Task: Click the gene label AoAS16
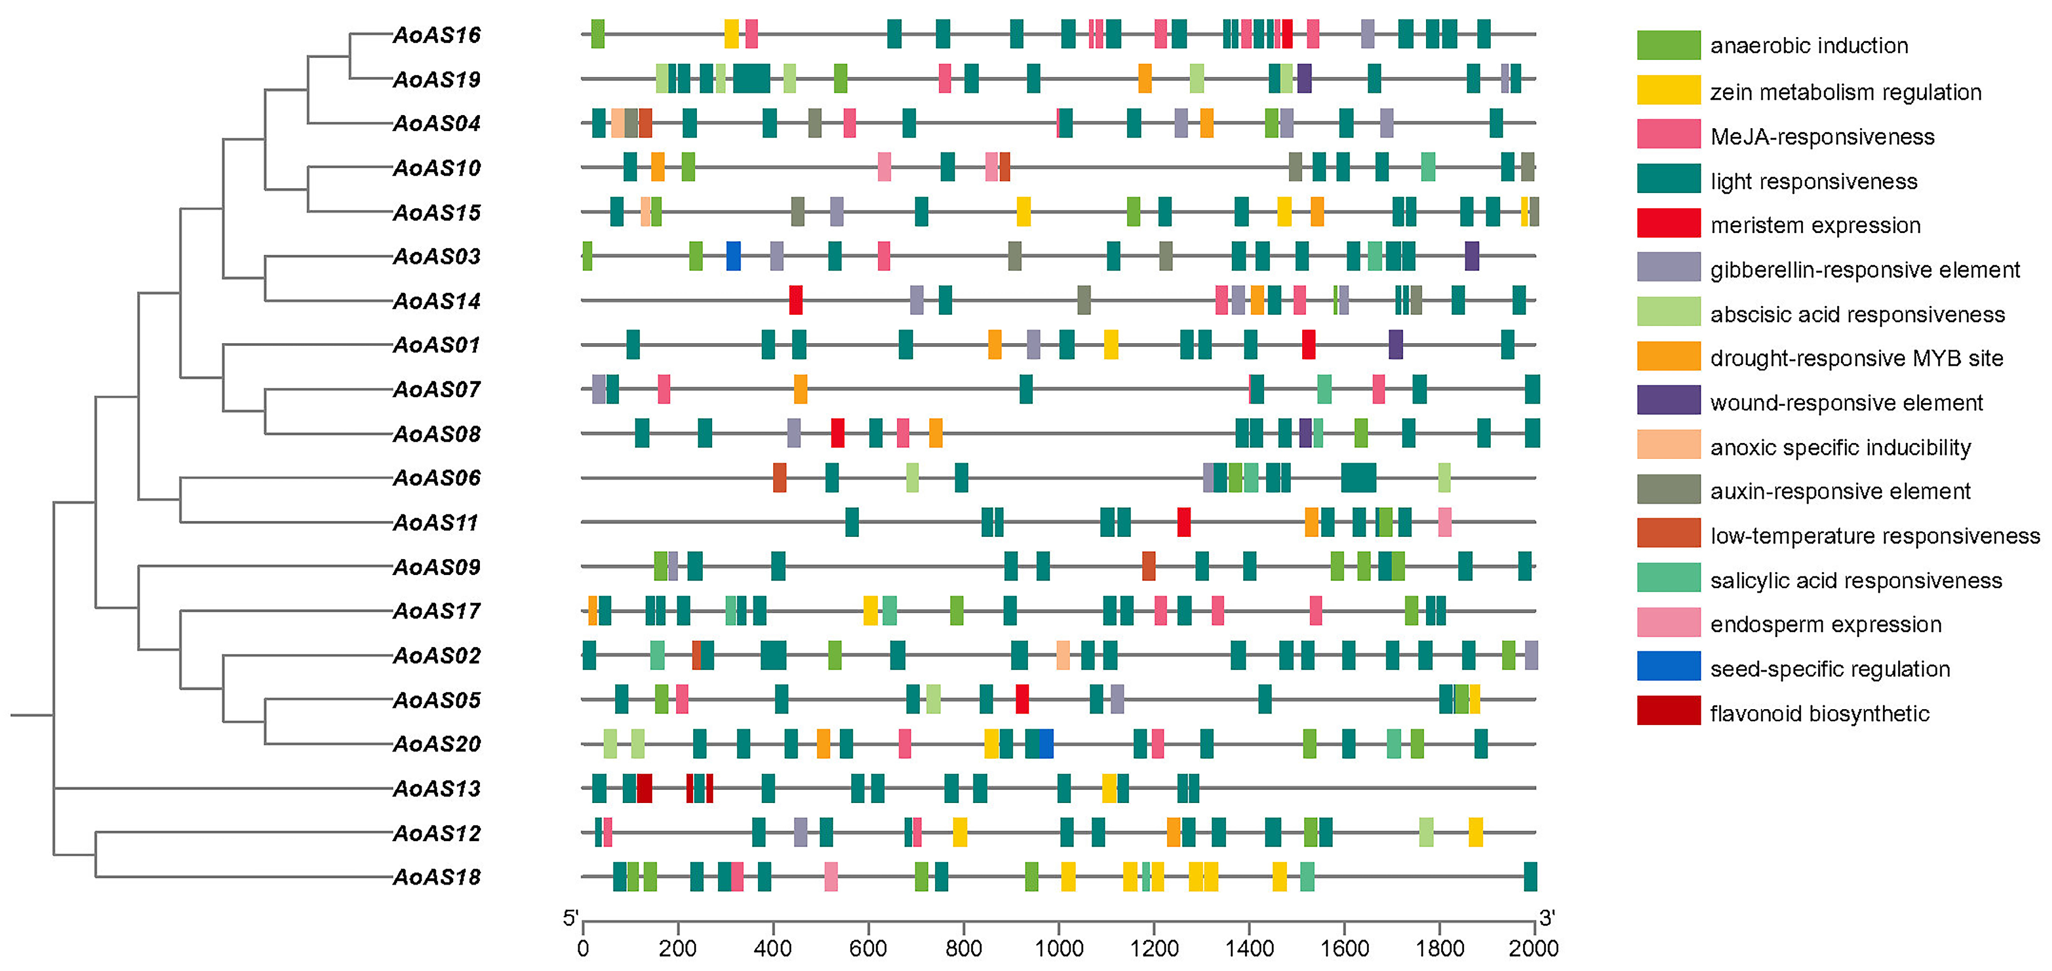(x=437, y=35)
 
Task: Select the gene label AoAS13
(x=437, y=789)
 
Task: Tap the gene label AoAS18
(x=437, y=877)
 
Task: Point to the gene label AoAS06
(x=437, y=478)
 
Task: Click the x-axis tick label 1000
(x=1058, y=949)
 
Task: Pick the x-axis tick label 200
(x=678, y=949)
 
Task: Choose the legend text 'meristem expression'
(x=1815, y=225)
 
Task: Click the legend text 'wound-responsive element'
(x=1846, y=403)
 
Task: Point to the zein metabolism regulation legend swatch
(x=1668, y=90)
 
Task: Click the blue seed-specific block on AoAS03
(x=733, y=256)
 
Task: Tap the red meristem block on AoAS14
(x=796, y=301)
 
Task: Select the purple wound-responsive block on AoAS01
(x=1395, y=345)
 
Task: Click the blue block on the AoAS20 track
(x=1046, y=744)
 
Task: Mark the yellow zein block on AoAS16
(x=731, y=34)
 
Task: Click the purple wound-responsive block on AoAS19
(x=1304, y=79)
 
